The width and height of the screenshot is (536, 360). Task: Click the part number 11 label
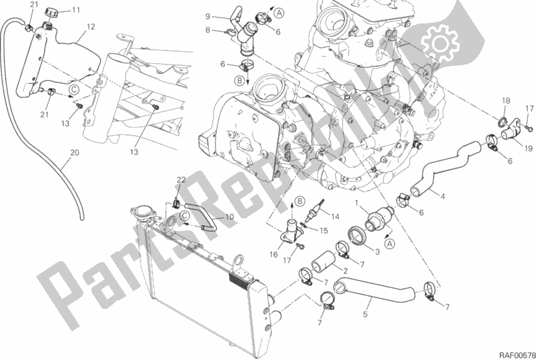point(76,10)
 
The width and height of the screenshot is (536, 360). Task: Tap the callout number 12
point(91,27)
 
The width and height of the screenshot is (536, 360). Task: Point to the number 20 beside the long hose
point(75,152)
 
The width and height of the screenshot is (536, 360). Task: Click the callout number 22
point(181,180)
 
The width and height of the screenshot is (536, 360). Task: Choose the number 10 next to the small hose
point(229,217)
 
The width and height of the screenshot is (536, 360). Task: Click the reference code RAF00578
point(517,355)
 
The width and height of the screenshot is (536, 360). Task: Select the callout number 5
point(365,314)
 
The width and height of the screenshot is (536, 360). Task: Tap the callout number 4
point(443,196)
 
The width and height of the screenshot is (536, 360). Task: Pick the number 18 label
point(506,101)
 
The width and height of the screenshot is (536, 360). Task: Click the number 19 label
point(529,148)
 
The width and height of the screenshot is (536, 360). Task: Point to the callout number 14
point(335,216)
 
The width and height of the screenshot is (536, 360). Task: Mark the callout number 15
point(324,230)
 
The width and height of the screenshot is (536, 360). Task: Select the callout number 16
point(273,255)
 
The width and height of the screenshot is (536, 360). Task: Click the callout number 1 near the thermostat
point(357,204)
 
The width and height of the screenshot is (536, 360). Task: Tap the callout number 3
point(377,253)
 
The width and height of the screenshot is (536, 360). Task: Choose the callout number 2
point(345,271)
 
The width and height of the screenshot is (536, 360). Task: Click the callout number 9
point(208,16)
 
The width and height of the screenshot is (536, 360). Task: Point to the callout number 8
point(208,30)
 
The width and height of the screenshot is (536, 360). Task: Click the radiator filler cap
point(140,212)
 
